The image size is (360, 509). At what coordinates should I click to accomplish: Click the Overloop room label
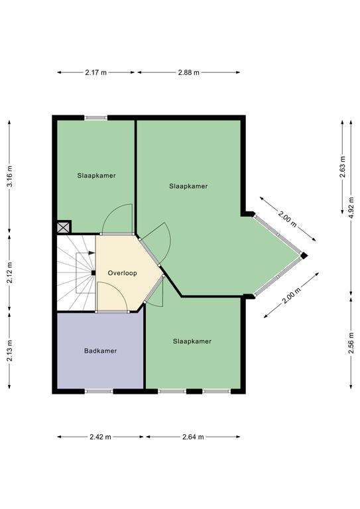click(x=123, y=273)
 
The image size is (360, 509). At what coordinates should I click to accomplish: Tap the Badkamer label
click(x=100, y=351)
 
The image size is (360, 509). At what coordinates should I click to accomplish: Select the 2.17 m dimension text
click(x=95, y=72)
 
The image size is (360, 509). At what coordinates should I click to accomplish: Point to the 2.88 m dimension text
click(x=188, y=72)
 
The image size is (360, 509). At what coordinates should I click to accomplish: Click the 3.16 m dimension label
click(x=10, y=176)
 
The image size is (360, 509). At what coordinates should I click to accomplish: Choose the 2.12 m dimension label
click(x=10, y=272)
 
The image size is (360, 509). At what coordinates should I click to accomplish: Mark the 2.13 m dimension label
click(x=10, y=350)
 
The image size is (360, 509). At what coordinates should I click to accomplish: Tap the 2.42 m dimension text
click(x=100, y=437)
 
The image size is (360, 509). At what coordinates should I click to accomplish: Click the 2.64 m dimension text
click(x=193, y=437)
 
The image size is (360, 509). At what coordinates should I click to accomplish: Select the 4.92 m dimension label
click(x=351, y=207)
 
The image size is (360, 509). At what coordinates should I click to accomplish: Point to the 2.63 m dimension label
click(x=343, y=167)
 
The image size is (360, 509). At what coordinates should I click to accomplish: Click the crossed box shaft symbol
click(x=64, y=227)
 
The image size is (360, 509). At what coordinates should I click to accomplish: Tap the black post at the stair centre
click(x=93, y=273)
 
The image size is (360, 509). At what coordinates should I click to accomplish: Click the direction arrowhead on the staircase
click(x=92, y=253)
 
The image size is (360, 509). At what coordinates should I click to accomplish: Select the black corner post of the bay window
click(x=304, y=256)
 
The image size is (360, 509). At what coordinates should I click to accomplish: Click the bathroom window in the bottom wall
click(x=99, y=392)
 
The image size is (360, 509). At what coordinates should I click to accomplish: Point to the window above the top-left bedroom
click(x=95, y=118)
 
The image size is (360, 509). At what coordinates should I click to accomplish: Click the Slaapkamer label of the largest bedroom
click(x=188, y=186)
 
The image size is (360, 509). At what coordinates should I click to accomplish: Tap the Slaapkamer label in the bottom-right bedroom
click(x=192, y=341)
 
